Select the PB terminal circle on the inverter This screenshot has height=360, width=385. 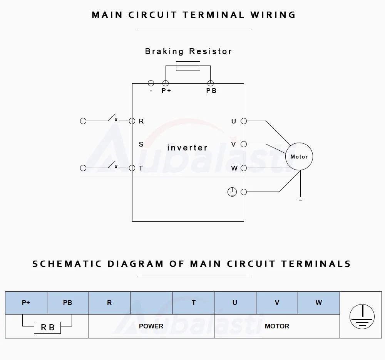click(x=211, y=83)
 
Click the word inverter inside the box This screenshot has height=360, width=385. click(x=187, y=148)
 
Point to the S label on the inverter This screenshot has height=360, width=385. click(x=141, y=144)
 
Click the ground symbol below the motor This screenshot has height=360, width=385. click(x=300, y=199)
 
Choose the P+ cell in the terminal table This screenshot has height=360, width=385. click(x=26, y=303)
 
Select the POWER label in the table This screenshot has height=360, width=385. click(x=151, y=326)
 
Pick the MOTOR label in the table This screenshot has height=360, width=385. click(x=277, y=326)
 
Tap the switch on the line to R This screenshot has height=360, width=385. click(x=112, y=118)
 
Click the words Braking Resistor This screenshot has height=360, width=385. click(x=188, y=51)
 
